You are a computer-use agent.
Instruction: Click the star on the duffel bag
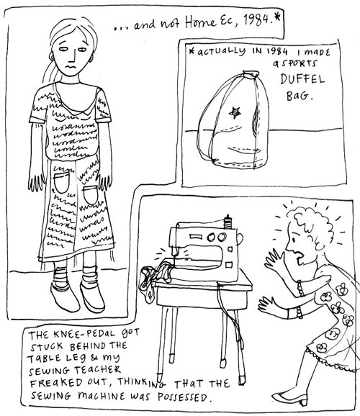(235, 113)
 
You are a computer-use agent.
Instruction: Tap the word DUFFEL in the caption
(302, 79)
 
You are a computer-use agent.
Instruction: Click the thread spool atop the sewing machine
(228, 222)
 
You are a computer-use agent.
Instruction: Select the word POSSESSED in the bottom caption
(183, 397)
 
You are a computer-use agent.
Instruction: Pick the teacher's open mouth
(300, 256)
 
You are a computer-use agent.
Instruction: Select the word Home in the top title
(200, 22)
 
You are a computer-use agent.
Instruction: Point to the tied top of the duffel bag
(250, 74)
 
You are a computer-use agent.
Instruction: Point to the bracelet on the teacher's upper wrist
(301, 289)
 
